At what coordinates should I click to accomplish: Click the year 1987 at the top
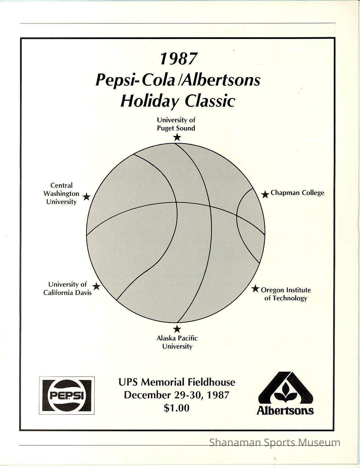point(178,59)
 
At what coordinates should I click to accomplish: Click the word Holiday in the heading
point(148,101)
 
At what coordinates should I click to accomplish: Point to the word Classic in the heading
point(210,101)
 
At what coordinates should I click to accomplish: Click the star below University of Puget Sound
point(177,137)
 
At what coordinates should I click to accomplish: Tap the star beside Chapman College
point(265,194)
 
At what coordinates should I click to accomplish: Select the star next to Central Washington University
point(87,197)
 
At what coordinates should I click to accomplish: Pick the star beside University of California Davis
point(96,287)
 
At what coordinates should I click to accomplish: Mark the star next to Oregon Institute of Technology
point(255,288)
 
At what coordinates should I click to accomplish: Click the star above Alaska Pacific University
point(177,329)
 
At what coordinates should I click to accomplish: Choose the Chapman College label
point(297,193)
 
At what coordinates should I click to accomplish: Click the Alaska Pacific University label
point(177,342)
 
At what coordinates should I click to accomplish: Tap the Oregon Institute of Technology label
point(286,294)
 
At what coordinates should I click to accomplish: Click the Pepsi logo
point(67,395)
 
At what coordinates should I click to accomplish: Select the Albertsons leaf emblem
point(285,392)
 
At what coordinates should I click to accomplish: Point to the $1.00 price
point(177,408)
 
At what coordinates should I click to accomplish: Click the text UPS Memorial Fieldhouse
point(177,382)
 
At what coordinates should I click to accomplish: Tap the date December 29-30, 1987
point(177,395)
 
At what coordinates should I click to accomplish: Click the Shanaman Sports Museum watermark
point(275,442)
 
